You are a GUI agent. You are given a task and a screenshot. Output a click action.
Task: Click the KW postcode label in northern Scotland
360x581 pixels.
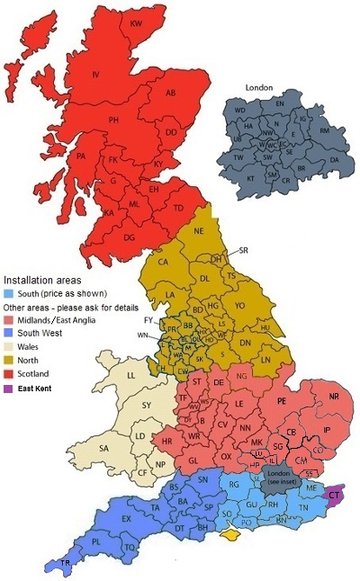[x=137, y=22]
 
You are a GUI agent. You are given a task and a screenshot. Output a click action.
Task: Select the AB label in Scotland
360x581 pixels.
[x=170, y=93]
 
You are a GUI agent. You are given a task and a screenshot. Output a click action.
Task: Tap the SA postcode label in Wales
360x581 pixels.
[x=104, y=447]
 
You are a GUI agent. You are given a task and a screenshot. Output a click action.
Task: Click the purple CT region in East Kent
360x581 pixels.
[x=334, y=495]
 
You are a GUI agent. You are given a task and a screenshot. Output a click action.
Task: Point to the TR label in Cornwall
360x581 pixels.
[x=64, y=562]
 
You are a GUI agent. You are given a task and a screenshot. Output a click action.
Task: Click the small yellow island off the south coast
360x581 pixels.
[x=232, y=535]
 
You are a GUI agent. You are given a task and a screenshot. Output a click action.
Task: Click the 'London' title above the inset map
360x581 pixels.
[x=258, y=87]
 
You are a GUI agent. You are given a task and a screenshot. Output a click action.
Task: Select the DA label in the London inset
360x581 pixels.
[x=335, y=160]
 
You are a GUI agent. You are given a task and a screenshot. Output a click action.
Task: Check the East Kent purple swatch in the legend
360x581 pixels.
[x=8, y=389]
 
